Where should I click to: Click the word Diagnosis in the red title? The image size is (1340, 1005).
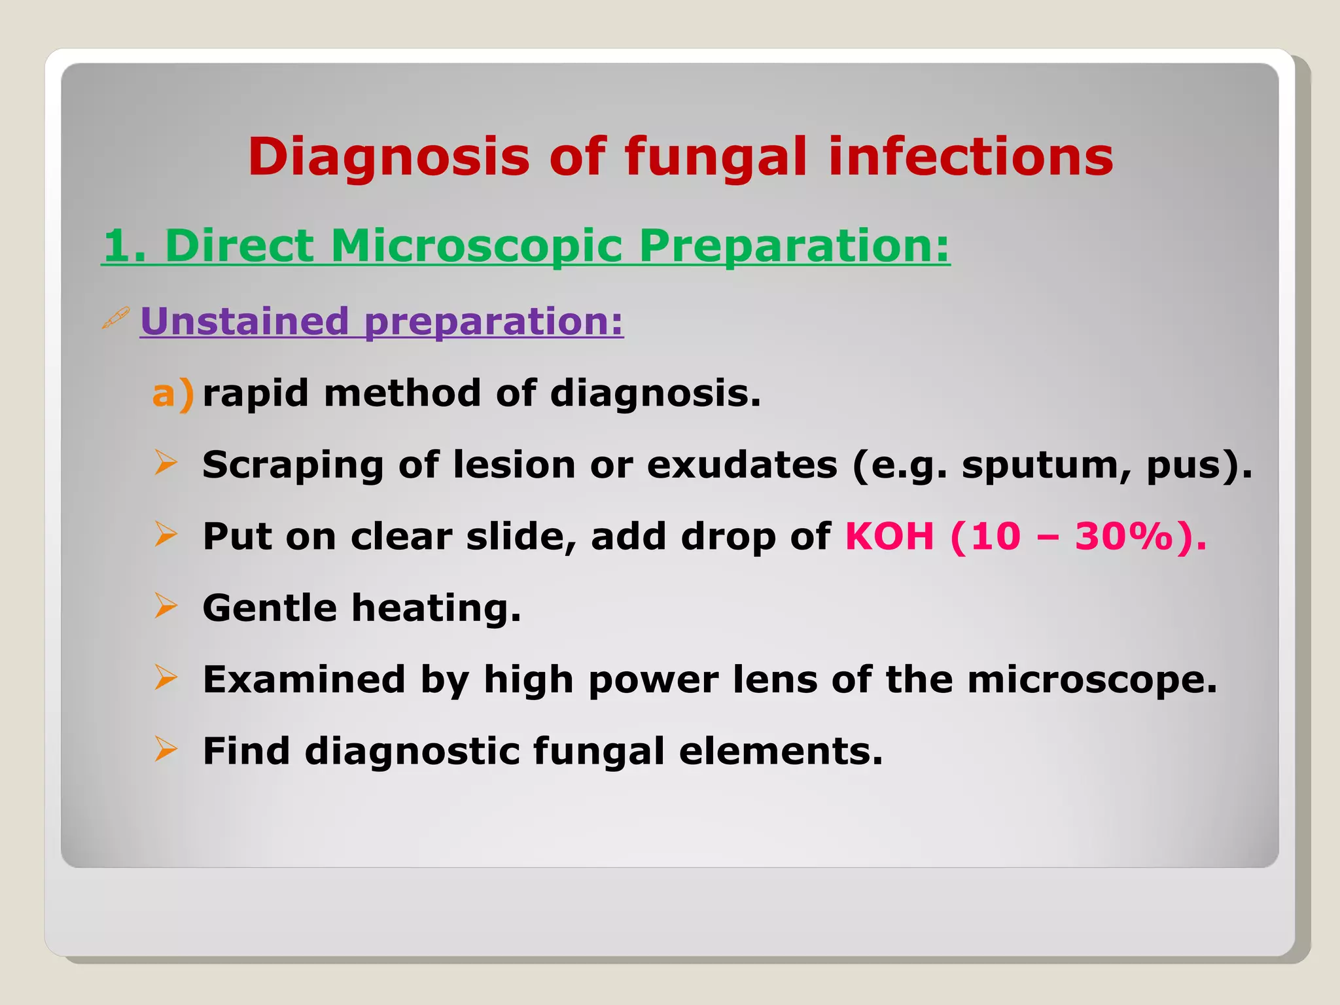coord(389,158)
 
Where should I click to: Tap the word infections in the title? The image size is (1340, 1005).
coord(970,158)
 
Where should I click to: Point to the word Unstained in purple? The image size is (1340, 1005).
coord(245,321)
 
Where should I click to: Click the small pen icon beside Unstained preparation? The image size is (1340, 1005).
coord(116,319)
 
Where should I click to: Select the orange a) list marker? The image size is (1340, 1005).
coord(173,394)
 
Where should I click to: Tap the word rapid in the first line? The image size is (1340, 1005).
coord(255,394)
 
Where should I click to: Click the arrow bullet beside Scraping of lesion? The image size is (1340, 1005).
coord(166,463)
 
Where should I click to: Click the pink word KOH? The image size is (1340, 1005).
coord(889,537)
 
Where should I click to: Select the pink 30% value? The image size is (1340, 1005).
coord(1123,537)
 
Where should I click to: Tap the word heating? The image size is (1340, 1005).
coord(436,608)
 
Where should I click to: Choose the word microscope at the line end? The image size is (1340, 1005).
coord(1091,679)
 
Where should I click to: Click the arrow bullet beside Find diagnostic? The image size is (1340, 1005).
coord(166,749)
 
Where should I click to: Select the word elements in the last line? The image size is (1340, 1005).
coord(780,750)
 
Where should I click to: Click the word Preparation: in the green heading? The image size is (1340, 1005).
coord(794,246)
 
